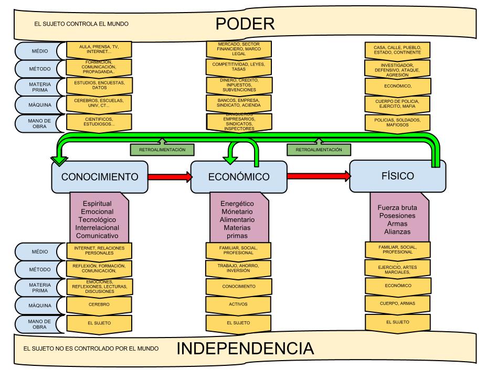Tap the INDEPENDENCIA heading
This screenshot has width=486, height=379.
pyautogui.click(x=245, y=349)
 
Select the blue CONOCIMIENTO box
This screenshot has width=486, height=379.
pyautogui.click(x=100, y=177)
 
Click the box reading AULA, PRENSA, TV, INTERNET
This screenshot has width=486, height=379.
pyautogui.click(x=99, y=49)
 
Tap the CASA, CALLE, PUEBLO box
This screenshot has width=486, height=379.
pyautogui.click(x=397, y=50)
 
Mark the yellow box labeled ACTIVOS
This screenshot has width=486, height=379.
pyautogui.click(x=239, y=304)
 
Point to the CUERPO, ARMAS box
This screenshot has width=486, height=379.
pyautogui.click(x=397, y=303)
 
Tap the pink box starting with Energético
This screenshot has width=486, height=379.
pyautogui.click(x=239, y=219)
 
